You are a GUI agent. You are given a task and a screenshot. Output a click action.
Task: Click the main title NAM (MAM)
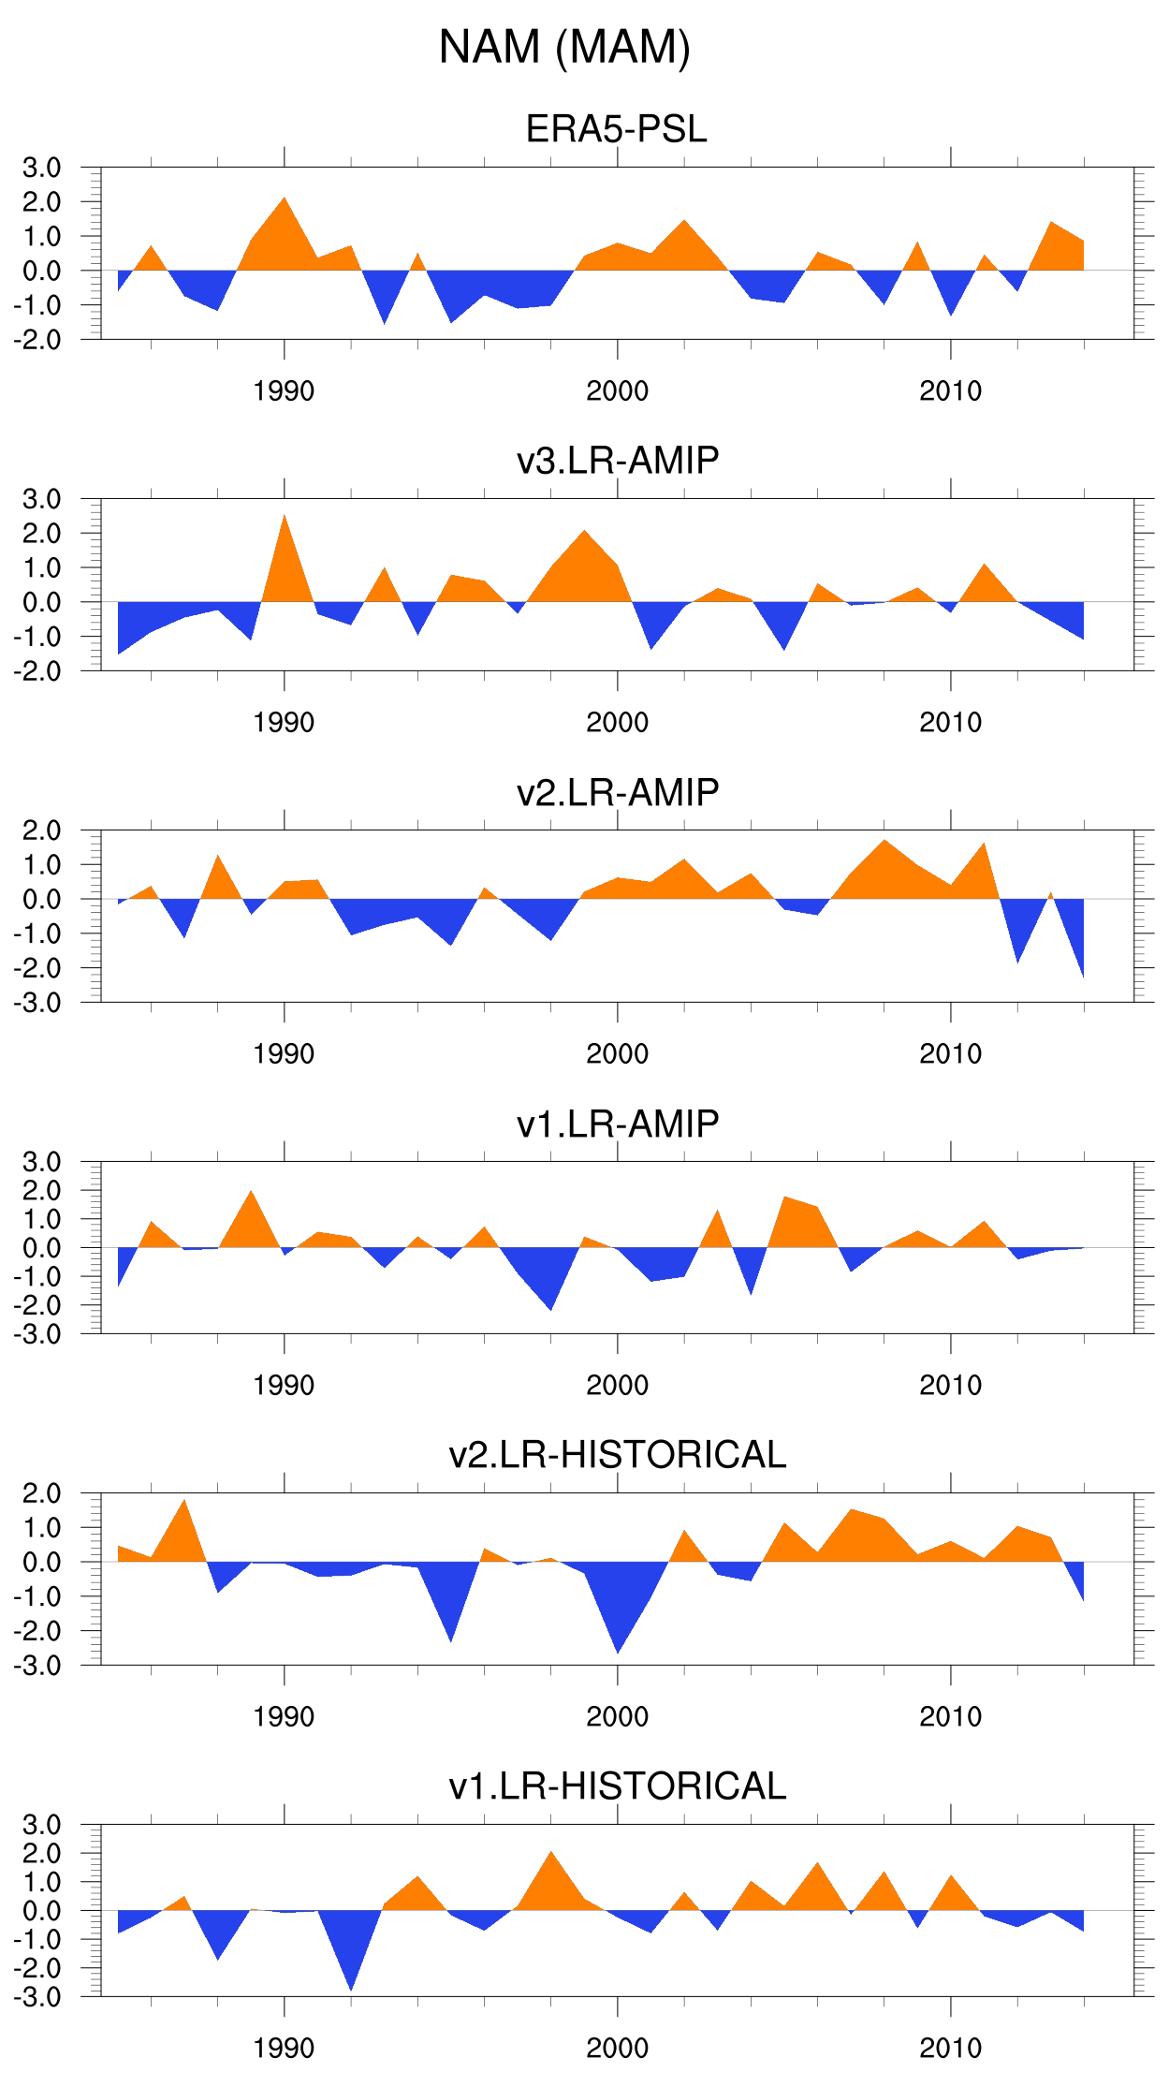pyautogui.click(x=564, y=47)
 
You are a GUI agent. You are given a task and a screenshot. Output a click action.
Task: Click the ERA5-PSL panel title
pyautogui.click(x=616, y=129)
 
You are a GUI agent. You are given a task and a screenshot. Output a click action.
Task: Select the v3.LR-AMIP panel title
pyautogui.click(x=618, y=461)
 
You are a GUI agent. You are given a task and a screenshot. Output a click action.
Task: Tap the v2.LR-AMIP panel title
pyautogui.click(x=618, y=792)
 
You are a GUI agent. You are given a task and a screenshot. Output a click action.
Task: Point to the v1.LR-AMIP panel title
pyautogui.click(x=618, y=1124)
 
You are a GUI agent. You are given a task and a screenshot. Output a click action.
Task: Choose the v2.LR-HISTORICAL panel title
pyautogui.click(x=618, y=1455)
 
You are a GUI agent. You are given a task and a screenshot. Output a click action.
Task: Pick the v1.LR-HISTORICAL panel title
pyautogui.click(x=618, y=1786)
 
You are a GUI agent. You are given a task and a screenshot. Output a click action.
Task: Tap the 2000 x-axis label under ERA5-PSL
pyautogui.click(x=618, y=391)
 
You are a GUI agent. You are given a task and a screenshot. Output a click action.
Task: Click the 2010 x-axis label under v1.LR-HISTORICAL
pyautogui.click(x=951, y=2049)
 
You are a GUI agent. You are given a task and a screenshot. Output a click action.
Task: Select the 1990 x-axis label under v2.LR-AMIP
pyautogui.click(x=285, y=1054)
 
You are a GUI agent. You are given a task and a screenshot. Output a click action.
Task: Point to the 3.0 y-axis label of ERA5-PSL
pyautogui.click(x=42, y=169)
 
